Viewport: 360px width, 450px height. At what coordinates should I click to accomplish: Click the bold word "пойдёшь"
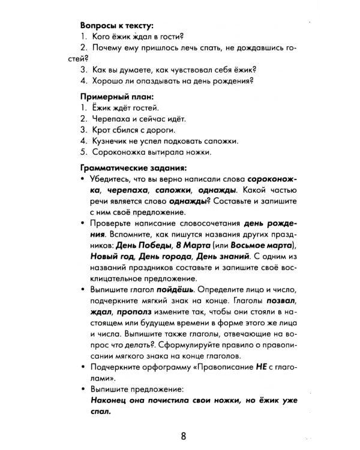tap(176, 288)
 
